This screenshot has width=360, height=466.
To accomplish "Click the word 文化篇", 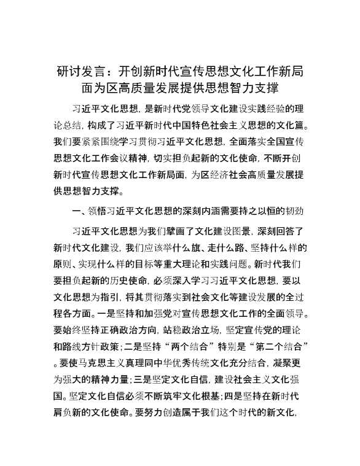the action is tap(287, 125).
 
